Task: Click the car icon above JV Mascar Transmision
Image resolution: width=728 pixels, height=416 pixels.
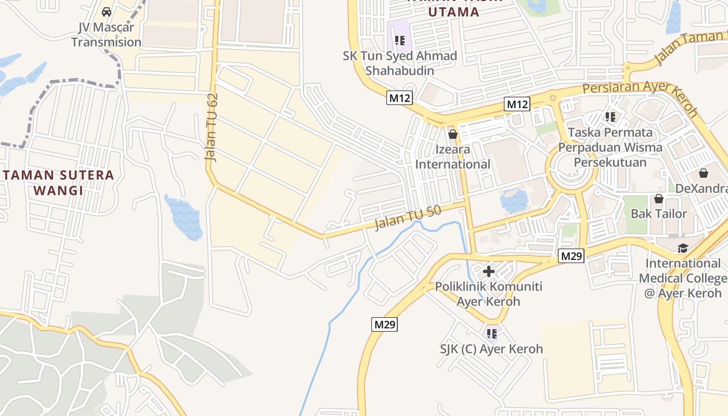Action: [107, 11]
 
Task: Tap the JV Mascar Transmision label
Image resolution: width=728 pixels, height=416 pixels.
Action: [106, 35]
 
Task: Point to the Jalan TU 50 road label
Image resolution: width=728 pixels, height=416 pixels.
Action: [408, 217]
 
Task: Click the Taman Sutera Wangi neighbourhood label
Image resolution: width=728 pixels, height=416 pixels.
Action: [58, 183]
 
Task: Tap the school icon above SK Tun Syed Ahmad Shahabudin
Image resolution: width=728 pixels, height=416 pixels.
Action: [399, 40]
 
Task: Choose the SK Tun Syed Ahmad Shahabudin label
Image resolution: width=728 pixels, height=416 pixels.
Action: [399, 63]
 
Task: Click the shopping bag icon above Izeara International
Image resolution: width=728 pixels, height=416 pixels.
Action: [453, 134]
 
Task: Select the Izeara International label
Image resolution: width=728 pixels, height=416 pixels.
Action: [453, 157]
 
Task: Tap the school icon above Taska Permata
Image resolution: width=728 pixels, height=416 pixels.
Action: [610, 117]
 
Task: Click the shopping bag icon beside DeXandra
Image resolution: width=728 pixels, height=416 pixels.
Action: [704, 173]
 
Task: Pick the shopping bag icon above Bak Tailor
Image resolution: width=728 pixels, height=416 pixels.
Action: [658, 198]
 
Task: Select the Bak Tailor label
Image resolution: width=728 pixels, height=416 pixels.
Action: [658, 213]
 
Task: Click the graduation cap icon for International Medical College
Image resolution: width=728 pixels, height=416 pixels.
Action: [682, 248]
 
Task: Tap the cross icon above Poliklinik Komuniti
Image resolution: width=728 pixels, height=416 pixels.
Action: [489, 271]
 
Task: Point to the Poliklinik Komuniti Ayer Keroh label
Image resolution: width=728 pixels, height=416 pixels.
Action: [489, 294]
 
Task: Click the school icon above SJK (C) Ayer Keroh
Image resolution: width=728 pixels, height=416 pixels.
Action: [492, 333]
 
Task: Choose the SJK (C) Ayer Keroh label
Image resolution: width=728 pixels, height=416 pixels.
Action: [492, 349]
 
